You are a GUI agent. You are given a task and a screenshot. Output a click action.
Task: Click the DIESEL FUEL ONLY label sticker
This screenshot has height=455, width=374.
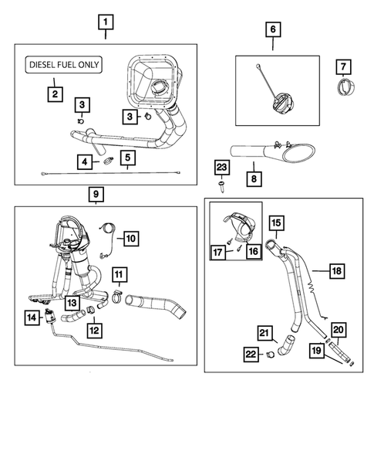pos(64,64)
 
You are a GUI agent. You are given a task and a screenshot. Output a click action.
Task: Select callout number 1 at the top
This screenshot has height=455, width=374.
pos(106,22)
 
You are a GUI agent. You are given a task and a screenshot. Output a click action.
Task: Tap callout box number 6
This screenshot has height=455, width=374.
pos(273,29)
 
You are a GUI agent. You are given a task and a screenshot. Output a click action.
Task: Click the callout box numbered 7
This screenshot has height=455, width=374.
pos(344,67)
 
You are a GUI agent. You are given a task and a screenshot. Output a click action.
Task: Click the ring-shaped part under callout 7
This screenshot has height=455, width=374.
pos(346,87)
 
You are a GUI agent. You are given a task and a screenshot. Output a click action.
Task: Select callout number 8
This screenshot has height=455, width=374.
pos(254,178)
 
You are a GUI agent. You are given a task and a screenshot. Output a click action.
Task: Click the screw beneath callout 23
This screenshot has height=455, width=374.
pos(222,185)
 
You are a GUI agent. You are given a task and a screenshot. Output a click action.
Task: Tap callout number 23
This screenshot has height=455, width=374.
pos(222,168)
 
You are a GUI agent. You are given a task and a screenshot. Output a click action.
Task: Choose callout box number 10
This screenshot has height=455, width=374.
pos(131,239)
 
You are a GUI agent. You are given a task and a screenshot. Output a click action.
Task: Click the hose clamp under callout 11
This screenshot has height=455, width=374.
pos(117,297)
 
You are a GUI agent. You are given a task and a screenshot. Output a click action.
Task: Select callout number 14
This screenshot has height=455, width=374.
pos(32,317)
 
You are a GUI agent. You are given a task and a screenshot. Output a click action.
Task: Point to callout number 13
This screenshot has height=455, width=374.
pos(72,303)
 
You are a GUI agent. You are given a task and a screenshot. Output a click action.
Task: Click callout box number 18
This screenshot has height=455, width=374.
pos(337,271)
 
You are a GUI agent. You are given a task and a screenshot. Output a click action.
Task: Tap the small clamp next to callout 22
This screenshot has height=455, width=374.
pos(271,354)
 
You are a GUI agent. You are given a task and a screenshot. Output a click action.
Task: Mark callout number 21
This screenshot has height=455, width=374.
pos(265,333)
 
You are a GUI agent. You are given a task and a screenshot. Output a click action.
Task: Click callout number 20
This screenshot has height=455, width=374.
pos(339,330)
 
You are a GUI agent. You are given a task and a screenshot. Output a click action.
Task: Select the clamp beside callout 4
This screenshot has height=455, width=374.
pos(109,160)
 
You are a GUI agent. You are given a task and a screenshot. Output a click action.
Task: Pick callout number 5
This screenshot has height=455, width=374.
pos(128,158)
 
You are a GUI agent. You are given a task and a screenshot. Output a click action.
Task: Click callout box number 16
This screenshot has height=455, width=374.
pos(254,251)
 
